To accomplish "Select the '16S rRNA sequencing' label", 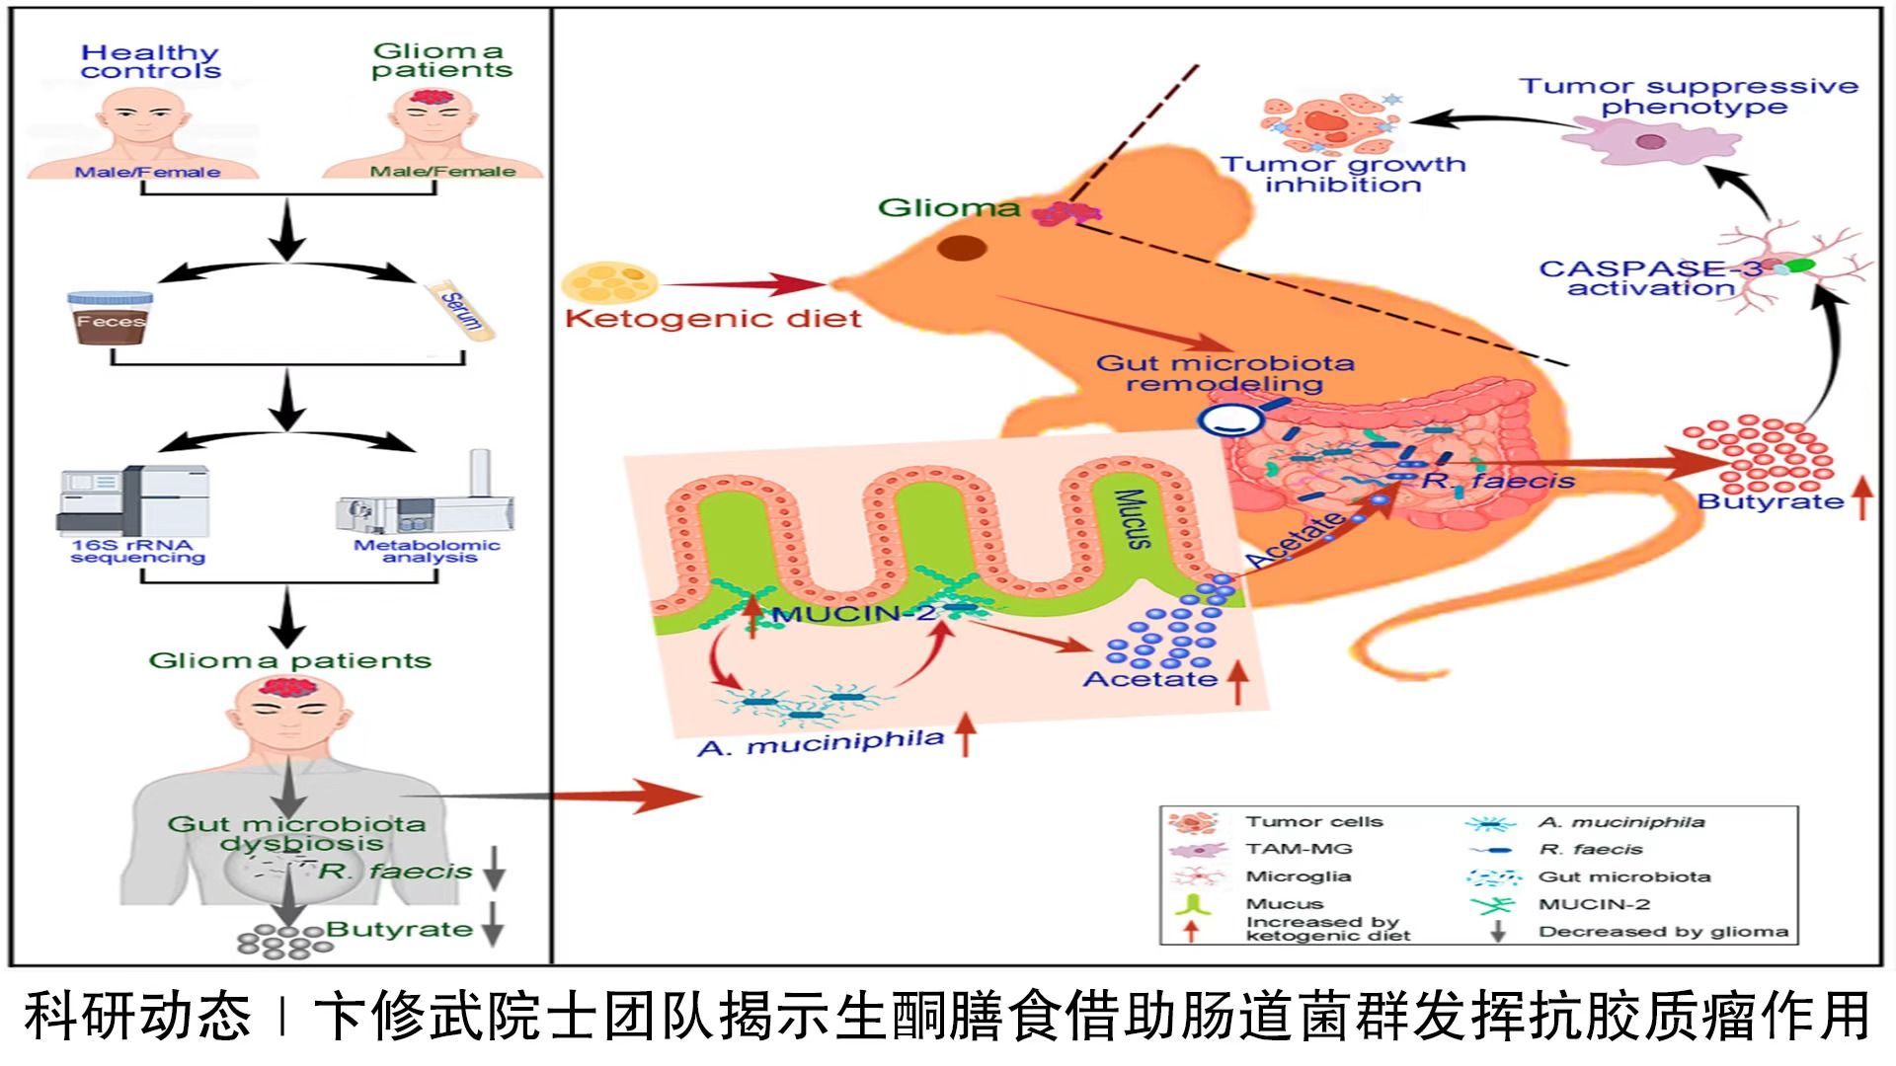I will click(x=137, y=551).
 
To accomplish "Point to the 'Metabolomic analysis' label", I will click(x=428, y=551).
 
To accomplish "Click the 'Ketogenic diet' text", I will click(x=713, y=319).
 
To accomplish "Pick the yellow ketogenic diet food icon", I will click(x=608, y=281).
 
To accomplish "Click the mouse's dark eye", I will click(x=961, y=248).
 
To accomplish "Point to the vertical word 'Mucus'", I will click(x=1133, y=517).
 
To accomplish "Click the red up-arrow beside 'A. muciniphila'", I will click(x=965, y=737).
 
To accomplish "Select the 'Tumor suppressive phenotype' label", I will click(x=1689, y=97).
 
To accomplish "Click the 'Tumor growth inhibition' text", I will click(x=1343, y=175).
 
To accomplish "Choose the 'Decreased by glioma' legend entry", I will click(x=1663, y=931).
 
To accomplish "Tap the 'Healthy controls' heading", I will click(x=150, y=61).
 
